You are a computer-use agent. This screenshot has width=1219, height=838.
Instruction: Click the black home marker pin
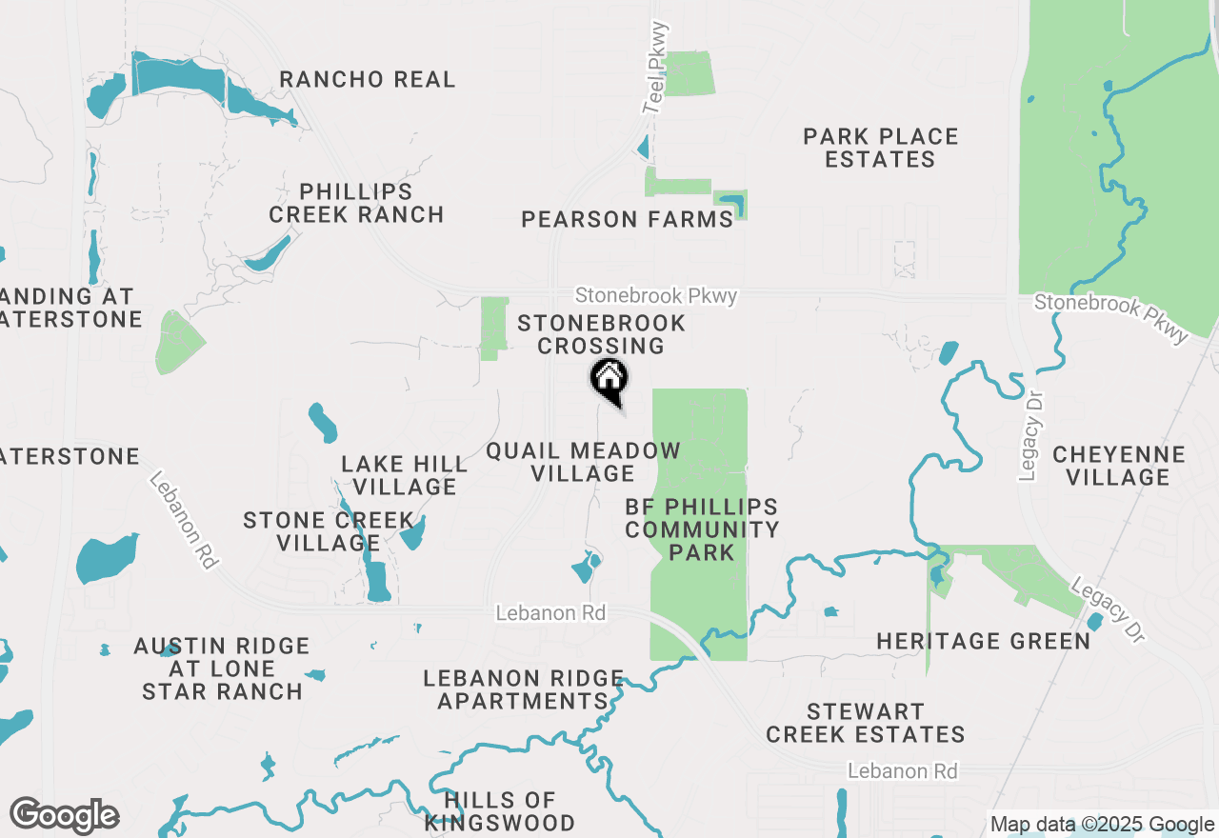609,380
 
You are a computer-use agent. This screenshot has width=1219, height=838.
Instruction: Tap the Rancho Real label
368,80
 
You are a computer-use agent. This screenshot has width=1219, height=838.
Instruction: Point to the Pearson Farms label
628,220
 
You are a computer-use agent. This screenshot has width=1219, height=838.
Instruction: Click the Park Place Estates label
880,148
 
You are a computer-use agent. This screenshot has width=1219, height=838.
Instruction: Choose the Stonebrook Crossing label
601,334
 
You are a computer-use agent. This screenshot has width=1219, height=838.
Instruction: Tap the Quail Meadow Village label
583,462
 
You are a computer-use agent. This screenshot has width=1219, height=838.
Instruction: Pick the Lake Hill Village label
405,475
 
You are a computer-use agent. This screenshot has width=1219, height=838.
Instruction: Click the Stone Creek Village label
329,531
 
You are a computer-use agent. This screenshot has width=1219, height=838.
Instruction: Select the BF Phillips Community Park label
702,529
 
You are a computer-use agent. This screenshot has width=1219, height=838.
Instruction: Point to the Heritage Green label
984,642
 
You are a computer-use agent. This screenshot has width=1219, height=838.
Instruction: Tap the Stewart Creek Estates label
866,723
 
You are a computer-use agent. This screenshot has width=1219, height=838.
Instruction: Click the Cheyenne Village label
1119,466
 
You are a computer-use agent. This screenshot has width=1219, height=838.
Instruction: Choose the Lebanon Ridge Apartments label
524,689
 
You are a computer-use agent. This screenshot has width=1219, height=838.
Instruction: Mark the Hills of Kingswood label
499,810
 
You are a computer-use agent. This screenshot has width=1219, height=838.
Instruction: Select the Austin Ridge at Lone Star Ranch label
222,668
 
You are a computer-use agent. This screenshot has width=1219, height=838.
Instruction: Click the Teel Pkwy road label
656,69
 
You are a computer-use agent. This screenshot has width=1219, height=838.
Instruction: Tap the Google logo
64,816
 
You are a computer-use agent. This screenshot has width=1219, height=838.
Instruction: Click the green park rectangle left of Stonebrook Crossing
494,327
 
